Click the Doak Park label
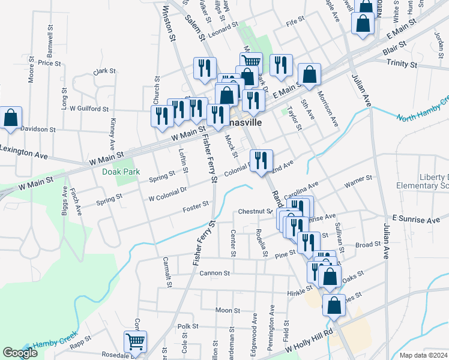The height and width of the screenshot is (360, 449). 126,172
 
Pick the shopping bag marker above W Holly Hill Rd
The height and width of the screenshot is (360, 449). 334,305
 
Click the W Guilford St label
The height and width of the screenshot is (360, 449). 89,109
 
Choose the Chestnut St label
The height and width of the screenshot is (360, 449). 256,211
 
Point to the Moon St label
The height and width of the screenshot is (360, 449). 228,311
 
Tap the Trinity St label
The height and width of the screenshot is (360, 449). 402,63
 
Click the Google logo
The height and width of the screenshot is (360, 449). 20,353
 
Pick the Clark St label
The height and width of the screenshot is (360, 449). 104,71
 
